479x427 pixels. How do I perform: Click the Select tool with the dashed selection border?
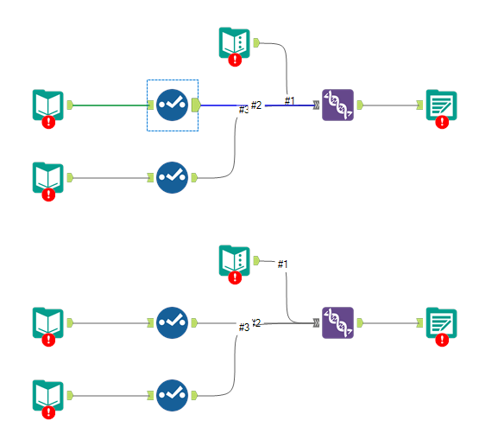tap(172, 105)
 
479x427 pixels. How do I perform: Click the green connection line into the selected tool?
tap(112, 105)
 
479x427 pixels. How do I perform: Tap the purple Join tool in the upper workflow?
tap(337, 105)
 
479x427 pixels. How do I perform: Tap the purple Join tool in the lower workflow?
tap(337, 322)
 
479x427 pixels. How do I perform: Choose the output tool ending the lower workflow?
tap(441, 323)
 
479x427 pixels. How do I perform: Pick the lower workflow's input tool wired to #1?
tap(235, 260)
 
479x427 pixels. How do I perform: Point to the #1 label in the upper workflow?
tap(289, 101)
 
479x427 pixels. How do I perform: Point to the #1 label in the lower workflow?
tap(282, 264)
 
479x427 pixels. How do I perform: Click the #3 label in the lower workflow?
tap(243, 327)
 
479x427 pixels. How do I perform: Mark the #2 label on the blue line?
tap(256, 105)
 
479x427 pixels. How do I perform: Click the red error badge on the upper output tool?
tap(442, 122)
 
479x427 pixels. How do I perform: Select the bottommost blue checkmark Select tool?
tap(172, 394)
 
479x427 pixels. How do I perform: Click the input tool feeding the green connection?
tap(47, 105)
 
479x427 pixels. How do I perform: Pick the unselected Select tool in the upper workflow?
tap(172, 177)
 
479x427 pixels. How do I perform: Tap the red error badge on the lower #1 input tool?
tap(235, 277)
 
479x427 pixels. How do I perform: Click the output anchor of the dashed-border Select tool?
tap(196, 105)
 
